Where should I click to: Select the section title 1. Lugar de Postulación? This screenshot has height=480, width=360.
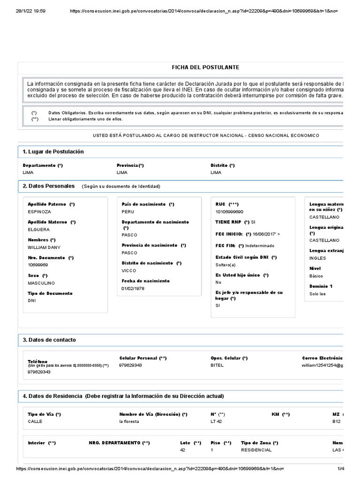click(x=53, y=152)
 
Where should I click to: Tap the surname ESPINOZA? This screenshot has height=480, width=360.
click(x=40, y=212)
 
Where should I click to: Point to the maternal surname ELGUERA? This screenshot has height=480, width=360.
click(x=39, y=230)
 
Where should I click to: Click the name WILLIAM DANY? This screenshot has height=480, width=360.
click(x=45, y=247)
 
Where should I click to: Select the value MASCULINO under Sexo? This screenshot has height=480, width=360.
click(x=41, y=283)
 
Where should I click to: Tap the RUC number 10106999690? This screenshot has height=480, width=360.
click(x=230, y=212)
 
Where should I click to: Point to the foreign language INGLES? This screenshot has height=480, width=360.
click(x=317, y=258)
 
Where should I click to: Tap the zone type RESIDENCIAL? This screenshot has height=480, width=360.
click(x=256, y=450)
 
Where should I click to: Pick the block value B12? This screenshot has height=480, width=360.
click(x=337, y=421)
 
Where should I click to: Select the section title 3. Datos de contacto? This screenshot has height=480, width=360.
click(x=49, y=340)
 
